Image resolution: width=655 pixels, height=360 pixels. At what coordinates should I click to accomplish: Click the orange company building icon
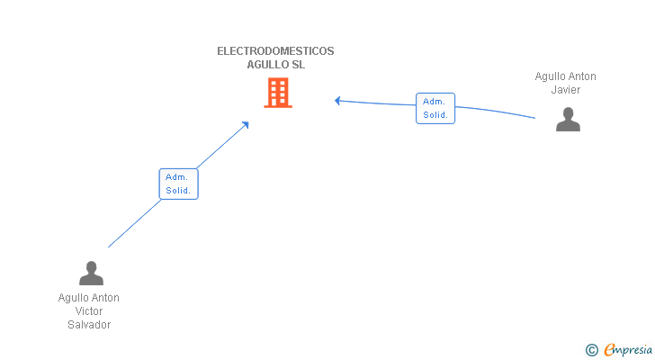pyautogui.click(x=277, y=93)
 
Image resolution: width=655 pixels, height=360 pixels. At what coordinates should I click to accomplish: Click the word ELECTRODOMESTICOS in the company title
pyautogui.click(x=275, y=51)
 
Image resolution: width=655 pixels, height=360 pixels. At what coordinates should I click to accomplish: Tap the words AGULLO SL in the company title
pyautogui.click(x=275, y=65)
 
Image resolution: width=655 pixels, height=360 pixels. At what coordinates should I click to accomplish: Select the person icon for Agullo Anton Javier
pyautogui.click(x=568, y=120)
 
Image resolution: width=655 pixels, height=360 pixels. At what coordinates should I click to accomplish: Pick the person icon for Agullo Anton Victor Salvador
pyautogui.click(x=91, y=273)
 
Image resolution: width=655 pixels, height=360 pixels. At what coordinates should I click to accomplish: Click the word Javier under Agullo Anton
pyautogui.click(x=565, y=90)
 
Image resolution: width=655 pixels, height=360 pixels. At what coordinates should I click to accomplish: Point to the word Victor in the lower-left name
pyautogui.click(x=89, y=311)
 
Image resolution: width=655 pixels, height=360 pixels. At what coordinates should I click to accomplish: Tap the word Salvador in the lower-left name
pyautogui.click(x=89, y=325)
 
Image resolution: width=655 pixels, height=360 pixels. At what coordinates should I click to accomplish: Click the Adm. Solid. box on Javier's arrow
pyautogui.click(x=435, y=108)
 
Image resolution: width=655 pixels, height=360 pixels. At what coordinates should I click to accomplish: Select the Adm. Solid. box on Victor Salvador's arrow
pyautogui.click(x=177, y=184)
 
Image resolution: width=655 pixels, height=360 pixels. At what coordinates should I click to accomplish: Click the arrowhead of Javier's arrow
pyautogui.click(x=337, y=100)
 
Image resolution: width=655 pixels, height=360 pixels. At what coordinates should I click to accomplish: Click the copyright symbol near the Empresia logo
pyautogui.click(x=591, y=350)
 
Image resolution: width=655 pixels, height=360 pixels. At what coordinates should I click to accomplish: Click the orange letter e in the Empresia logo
pyautogui.click(x=609, y=350)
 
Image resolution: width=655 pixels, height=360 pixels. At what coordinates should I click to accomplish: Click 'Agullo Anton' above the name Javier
pyautogui.click(x=565, y=76)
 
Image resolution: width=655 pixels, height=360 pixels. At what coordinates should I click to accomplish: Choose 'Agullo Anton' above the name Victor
pyautogui.click(x=89, y=298)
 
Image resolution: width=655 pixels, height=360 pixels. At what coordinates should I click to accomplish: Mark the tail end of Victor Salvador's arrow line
pyautogui.click(x=108, y=247)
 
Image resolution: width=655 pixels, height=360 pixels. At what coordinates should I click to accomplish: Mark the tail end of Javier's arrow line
pyautogui.click(x=535, y=118)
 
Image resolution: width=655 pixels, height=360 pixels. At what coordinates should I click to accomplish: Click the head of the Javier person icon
pyautogui.click(x=568, y=113)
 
